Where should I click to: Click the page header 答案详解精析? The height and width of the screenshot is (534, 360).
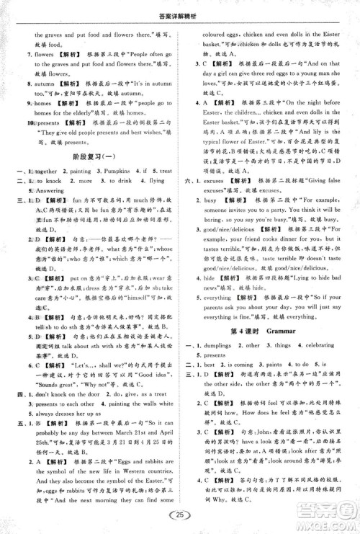[x=179, y=9]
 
